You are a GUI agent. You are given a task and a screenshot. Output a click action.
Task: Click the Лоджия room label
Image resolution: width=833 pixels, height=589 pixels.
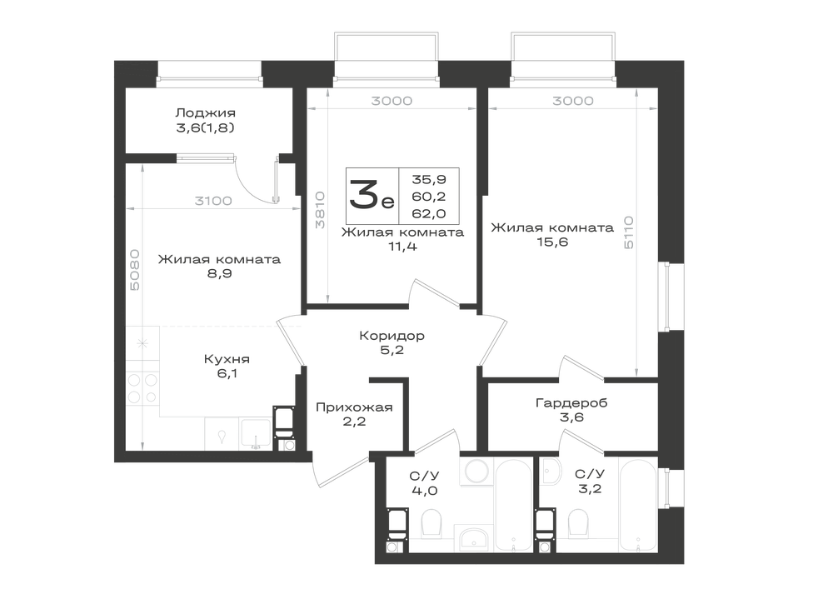[205, 113]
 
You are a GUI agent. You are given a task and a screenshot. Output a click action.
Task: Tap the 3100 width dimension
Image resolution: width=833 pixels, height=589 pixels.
[213, 201]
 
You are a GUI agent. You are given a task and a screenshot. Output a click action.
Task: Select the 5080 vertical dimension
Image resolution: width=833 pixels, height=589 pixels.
[135, 270]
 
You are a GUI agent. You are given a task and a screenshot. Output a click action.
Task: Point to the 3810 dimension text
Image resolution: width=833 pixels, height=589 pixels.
[320, 210]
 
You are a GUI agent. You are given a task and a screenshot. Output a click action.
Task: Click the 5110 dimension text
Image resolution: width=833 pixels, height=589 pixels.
[628, 232]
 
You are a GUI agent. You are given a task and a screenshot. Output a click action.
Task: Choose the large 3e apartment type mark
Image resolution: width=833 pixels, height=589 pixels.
[372, 194]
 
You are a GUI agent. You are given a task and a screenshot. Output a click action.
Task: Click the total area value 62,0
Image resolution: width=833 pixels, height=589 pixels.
[429, 213]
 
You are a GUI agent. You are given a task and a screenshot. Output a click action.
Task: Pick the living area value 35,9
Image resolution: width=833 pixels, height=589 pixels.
[429, 179]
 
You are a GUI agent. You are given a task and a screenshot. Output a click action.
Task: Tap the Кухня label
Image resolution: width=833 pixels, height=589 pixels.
[227, 359]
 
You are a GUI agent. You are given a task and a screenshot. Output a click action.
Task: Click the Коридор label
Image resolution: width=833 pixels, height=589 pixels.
[392, 336]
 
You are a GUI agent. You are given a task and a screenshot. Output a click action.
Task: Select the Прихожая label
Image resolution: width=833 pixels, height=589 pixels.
[354, 407]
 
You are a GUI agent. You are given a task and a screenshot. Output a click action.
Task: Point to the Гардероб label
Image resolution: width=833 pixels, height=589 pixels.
[571, 402]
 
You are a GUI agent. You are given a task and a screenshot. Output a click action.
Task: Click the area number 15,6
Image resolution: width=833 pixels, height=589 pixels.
[552, 242]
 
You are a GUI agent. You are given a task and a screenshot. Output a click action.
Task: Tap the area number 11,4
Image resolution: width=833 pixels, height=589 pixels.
[402, 247]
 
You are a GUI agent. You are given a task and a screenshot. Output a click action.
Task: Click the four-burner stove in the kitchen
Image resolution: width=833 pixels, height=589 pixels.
[142, 389]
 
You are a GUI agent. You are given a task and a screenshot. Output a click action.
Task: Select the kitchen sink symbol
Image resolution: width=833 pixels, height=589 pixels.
[256, 433]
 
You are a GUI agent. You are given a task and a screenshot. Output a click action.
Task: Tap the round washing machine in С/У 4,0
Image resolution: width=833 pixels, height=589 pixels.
[477, 471]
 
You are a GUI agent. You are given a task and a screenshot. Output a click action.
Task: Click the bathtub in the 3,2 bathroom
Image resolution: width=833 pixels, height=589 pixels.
[639, 505]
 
